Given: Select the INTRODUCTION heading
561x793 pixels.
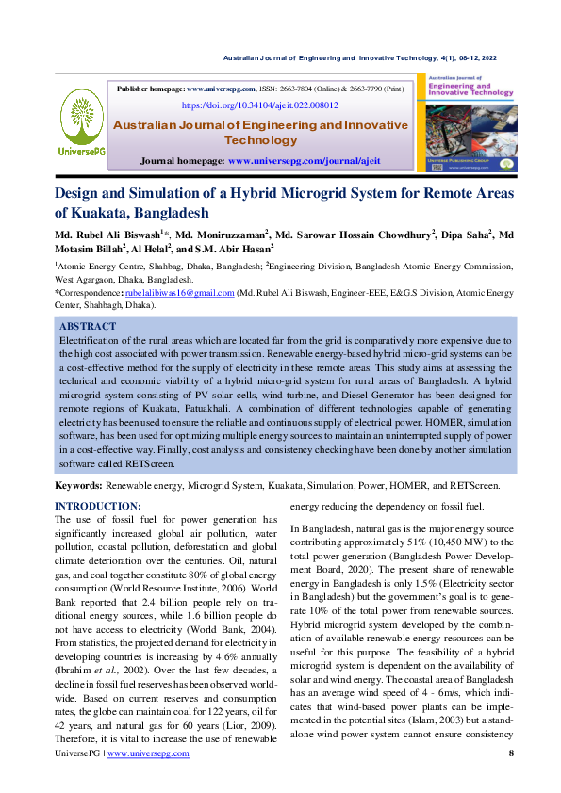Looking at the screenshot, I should [98, 507].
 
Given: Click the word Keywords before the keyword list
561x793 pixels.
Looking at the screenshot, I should [78, 485].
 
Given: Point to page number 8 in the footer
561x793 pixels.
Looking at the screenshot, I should [511, 780].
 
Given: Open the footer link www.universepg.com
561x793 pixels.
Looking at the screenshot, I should [149, 780].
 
